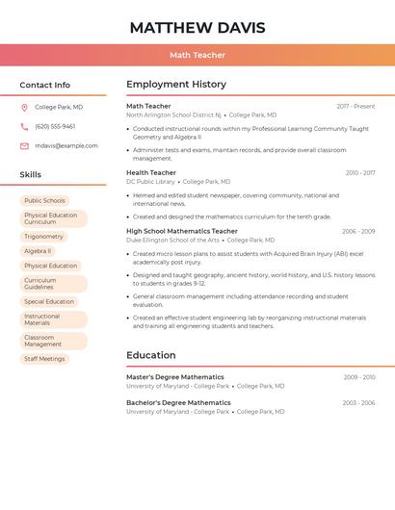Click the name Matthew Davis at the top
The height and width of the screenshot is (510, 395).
click(x=197, y=28)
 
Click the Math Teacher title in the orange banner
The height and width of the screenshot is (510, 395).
click(x=197, y=56)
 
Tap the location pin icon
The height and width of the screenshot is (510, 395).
click(x=24, y=108)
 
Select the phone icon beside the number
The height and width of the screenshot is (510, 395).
click(x=24, y=126)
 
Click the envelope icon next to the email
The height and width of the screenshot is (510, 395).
click(x=24, y=145)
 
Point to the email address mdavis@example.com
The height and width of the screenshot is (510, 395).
click(x=66, y=145)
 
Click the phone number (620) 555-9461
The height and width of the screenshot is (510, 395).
click(x=55, y=126)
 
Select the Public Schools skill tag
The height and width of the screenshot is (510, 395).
click(x=45, y=200)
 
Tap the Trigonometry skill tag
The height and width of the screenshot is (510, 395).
click(x=43, y=236)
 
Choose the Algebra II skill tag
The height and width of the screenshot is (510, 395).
click(x=38, y=251)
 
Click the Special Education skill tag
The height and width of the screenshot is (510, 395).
click(x=49, y=301)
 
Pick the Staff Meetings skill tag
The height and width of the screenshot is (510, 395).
click(x=44, y=359)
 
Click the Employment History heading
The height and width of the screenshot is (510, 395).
click(x=176, y=85)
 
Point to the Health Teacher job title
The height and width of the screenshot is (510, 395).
click(x=151, y=173)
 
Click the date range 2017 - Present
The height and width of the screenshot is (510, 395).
click(x=355, y=106)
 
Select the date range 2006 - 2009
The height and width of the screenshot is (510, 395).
click(x=357, y=231)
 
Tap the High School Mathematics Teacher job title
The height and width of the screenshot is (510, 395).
click(x=182, y=231)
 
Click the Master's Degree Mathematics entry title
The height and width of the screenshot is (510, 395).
click(x=175, y=377)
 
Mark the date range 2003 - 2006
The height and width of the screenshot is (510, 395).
click(x=358, y=403)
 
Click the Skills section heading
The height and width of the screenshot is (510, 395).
click(x=31, y=174)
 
